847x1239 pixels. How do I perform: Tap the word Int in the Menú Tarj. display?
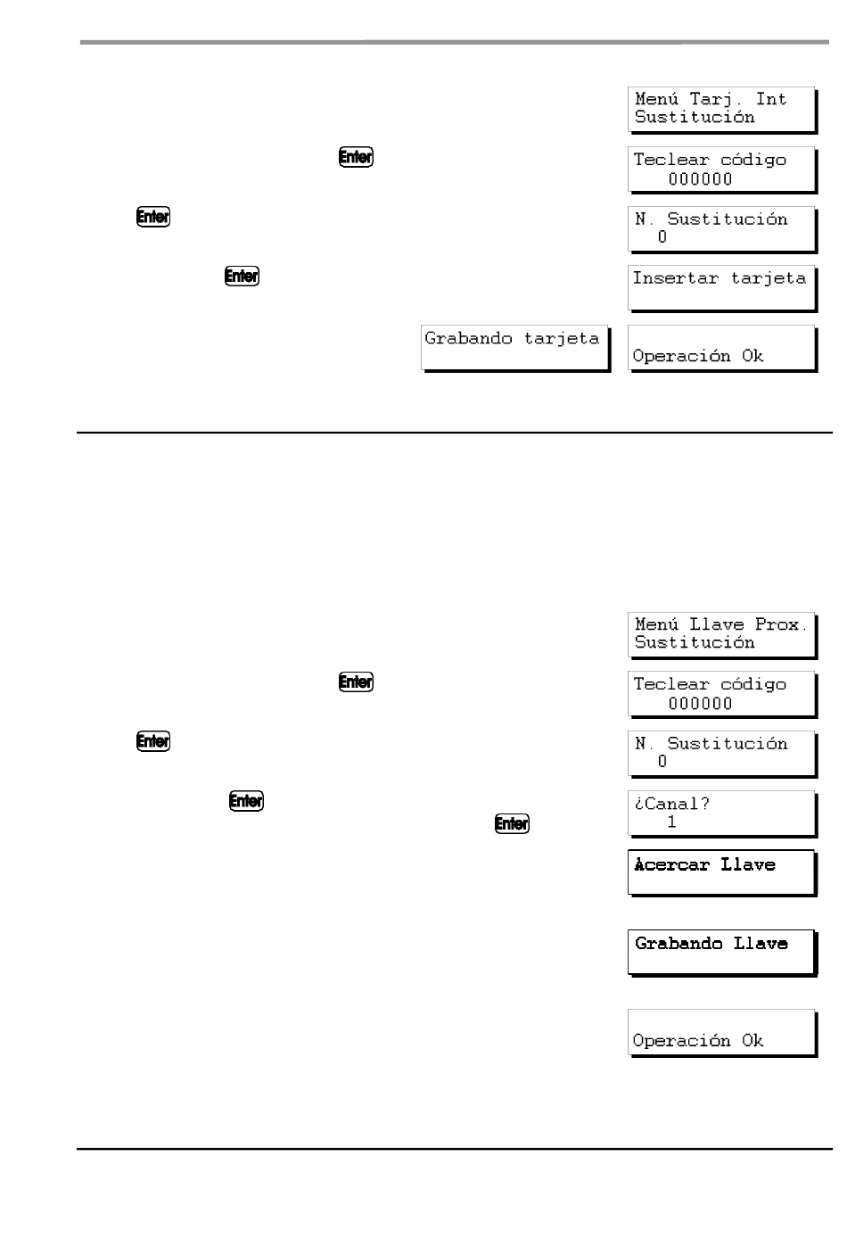point(770,99)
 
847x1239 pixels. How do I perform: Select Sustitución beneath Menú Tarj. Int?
point(695,117)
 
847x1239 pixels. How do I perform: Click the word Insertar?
point(675,277)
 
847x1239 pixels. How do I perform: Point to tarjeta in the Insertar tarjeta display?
point(769,278)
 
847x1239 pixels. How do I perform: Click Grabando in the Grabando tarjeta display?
point(468,338)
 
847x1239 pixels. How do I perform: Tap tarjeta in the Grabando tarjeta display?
point(562,338)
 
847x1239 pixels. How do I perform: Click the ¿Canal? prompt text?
point(671,803)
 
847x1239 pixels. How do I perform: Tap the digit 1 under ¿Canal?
point(671,822)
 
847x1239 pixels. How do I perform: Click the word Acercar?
point(671,864)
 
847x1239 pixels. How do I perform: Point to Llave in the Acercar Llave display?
point(748,864)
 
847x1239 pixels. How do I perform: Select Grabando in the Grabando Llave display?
point(678,943)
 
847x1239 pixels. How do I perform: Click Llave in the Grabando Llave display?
point(761,943)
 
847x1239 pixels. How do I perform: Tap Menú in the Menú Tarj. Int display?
point(656,99)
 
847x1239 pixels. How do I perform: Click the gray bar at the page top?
point(455,42)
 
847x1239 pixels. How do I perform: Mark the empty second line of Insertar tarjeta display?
point(721,298)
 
